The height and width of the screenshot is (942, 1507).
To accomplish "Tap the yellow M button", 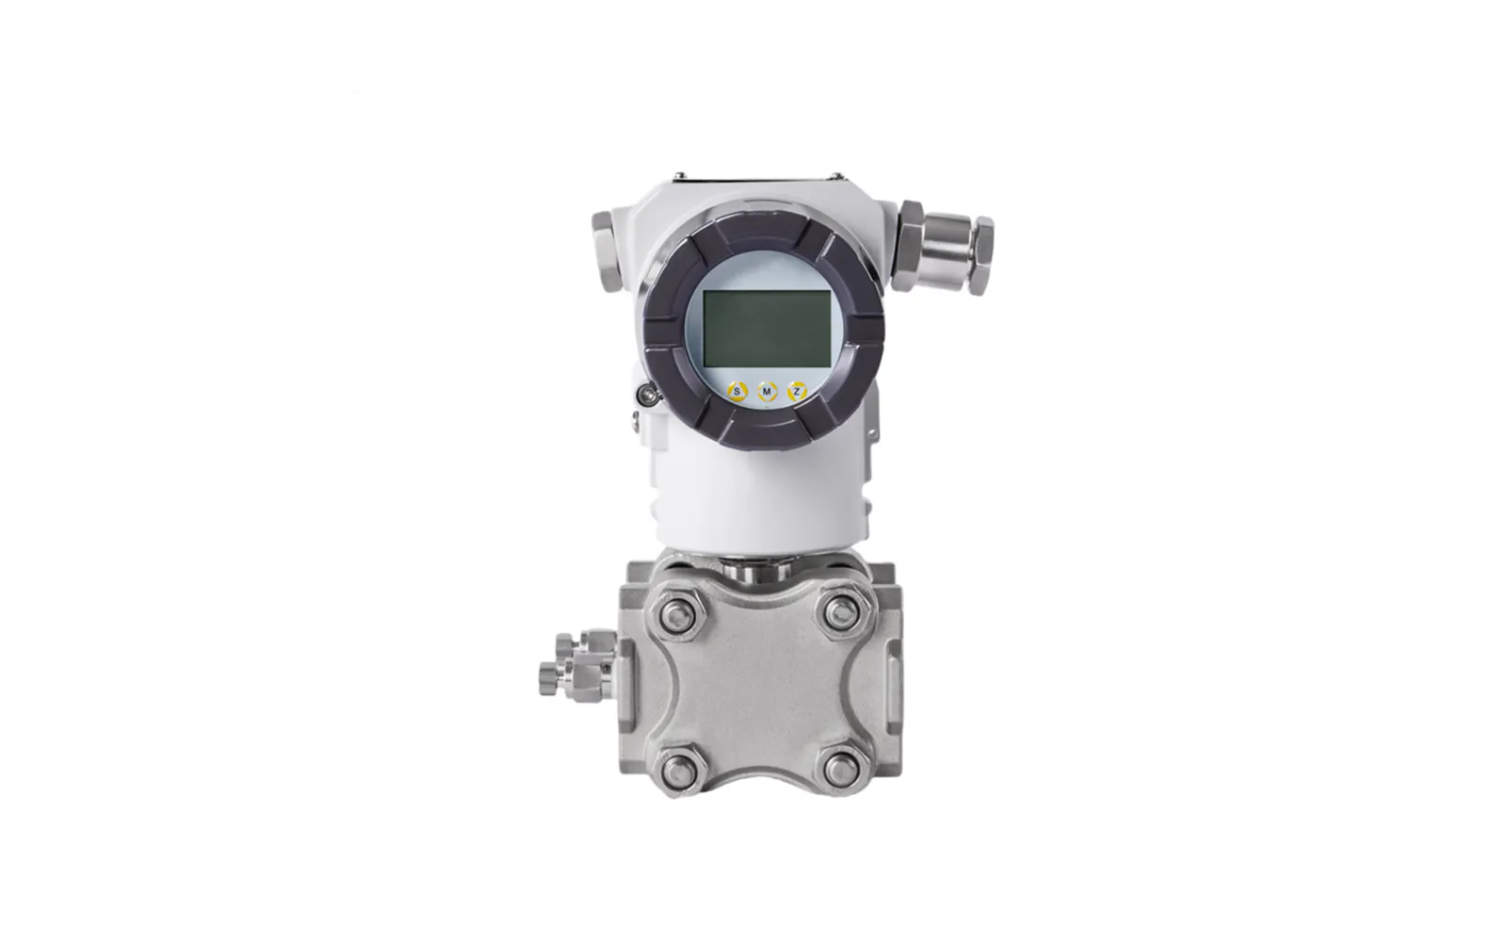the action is click(767, 392).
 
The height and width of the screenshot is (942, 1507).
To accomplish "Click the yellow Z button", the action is click(797, 391).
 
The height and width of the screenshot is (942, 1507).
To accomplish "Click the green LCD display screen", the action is click(767, 329).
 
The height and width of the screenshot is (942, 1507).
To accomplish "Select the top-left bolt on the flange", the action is click(678, 613).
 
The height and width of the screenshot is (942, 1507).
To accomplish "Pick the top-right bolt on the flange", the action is click(841, 613).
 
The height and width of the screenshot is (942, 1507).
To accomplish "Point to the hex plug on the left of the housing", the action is click(607, 251).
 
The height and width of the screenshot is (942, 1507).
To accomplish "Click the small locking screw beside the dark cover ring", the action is click(649, 395).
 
